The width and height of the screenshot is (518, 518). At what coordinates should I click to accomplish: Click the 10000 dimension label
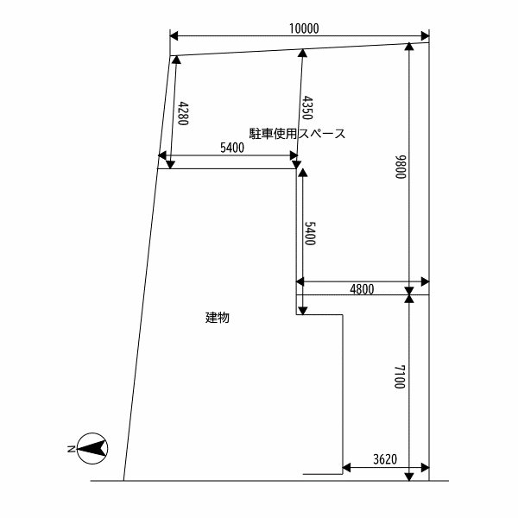pos(305,28)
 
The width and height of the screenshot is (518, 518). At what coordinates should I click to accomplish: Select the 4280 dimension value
pos(183,114)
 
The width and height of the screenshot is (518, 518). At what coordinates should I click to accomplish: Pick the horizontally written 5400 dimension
pos(232,148)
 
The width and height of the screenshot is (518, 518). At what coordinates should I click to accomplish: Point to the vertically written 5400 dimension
pos(310,234)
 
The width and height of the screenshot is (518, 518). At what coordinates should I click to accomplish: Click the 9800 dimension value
pos(400,167)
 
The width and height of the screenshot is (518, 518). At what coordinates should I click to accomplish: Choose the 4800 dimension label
pos(362,289)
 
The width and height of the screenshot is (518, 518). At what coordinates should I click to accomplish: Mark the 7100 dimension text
pos(399,377)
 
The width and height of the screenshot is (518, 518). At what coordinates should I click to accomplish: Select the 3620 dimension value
pos(383,459)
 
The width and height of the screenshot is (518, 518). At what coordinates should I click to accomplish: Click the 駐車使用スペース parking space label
pos(297,134)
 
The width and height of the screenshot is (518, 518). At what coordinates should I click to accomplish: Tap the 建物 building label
pos(217,317)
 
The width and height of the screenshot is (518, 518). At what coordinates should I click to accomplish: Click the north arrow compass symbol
pos(92,448)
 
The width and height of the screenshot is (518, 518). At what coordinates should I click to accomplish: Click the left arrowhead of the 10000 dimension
pos(174,36)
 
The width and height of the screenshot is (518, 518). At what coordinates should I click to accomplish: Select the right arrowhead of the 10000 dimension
pos(424,36)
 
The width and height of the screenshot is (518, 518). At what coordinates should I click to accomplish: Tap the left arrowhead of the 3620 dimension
pos(348,469)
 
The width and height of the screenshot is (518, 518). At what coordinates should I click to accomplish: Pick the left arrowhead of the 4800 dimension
pos(301,281)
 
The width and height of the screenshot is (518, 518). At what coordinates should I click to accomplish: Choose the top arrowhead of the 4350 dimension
pos(302,54)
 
